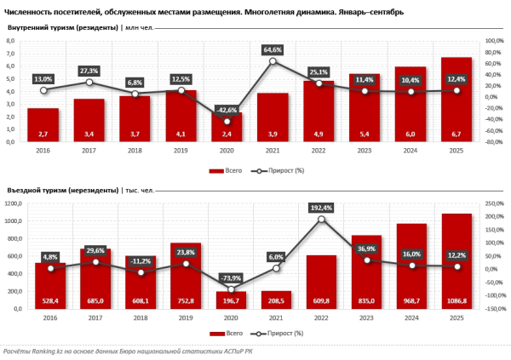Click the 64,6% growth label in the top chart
click(273, 51)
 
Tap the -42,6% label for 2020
click(227, 110)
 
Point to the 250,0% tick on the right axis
click(495, 204)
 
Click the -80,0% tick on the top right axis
click(493, 142)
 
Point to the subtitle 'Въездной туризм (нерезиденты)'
click(62, 191)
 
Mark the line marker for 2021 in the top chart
click(273, 61)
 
